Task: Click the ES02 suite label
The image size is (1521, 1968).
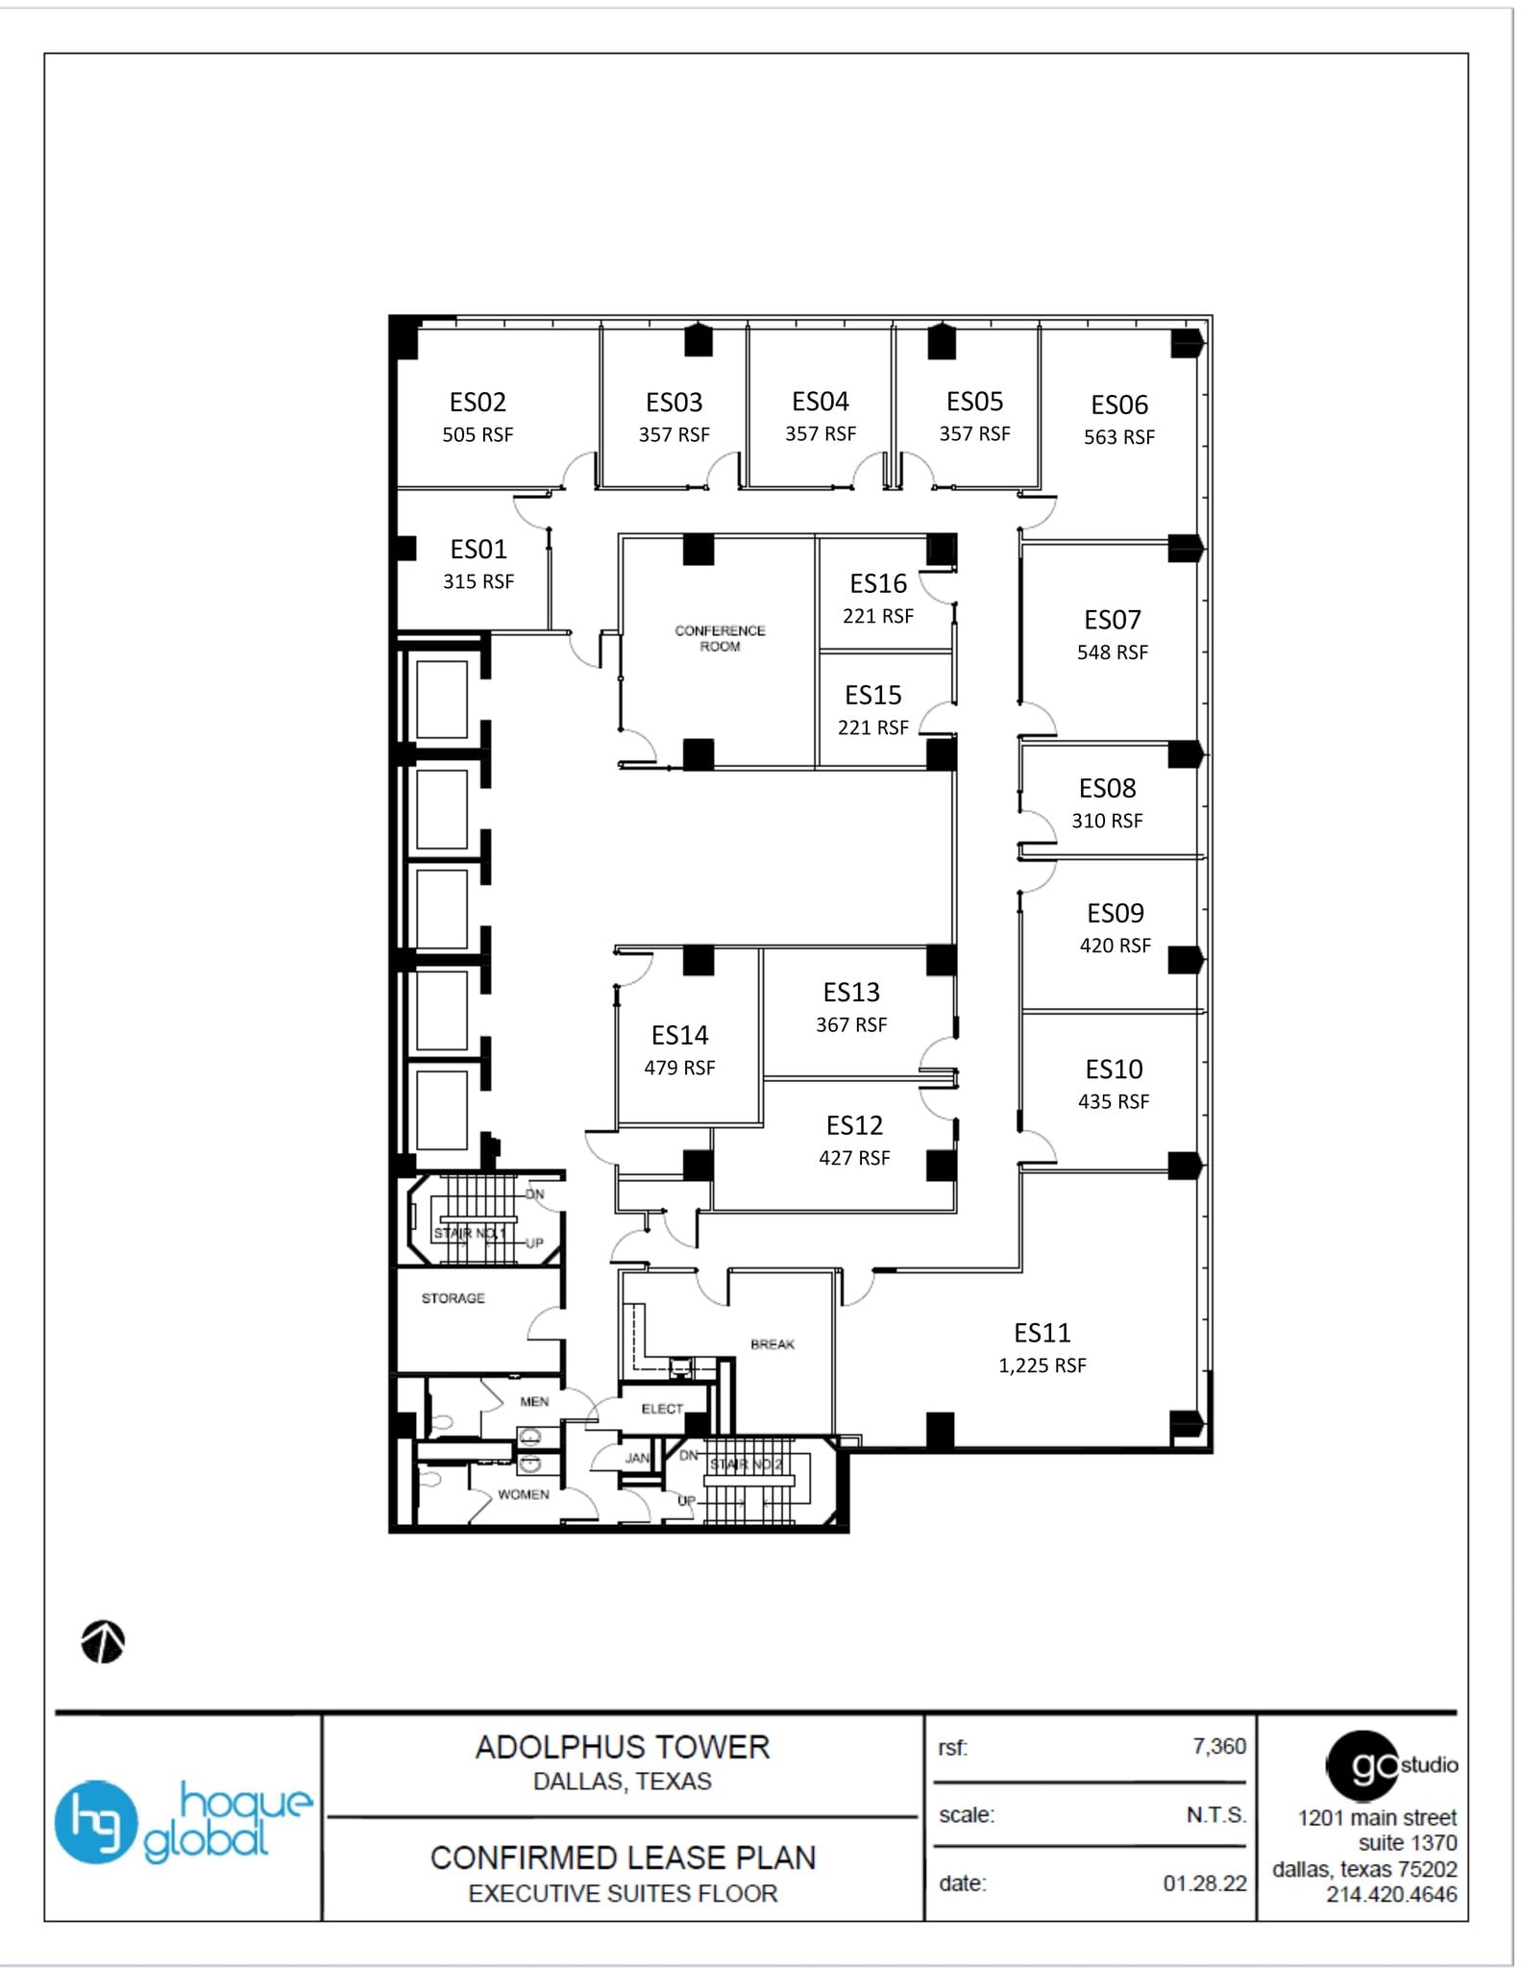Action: (x=478, y=402)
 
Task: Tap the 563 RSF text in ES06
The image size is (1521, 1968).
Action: (x=1119, y=437)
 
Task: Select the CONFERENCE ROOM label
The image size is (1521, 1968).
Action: (x=720, y=638)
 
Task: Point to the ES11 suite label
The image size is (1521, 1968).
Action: (x=1042, y=1333)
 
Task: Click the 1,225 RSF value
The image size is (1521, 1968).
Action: (x=1042, y=1365)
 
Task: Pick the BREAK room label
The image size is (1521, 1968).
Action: (x=773, y=1344)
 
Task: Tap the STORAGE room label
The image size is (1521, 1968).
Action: (x=453, y=1298)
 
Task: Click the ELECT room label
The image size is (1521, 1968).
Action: (x=662, y=1409)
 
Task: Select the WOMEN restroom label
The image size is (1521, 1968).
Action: (x=523, y=1494)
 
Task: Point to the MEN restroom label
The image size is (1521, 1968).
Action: (x=534, y=1402)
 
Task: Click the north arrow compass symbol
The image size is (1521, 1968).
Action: (x=103, y=1641)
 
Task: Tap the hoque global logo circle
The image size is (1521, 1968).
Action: (x=95, y=1822)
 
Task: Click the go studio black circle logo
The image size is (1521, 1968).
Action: (x=1362, y=1765)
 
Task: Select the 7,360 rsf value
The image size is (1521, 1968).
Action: (x=1218, y=1746)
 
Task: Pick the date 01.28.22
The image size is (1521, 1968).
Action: (x=1204, y=1883)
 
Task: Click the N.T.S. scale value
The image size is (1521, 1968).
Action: (x=1215, y=1815)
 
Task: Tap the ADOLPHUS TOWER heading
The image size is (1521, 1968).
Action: (x=623, y=1747)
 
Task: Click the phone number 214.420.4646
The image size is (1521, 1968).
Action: (x=1391, y=1894)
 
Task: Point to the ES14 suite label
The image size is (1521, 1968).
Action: (x=679, y=1035)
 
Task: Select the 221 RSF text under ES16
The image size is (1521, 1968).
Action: (x=878, y=616)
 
